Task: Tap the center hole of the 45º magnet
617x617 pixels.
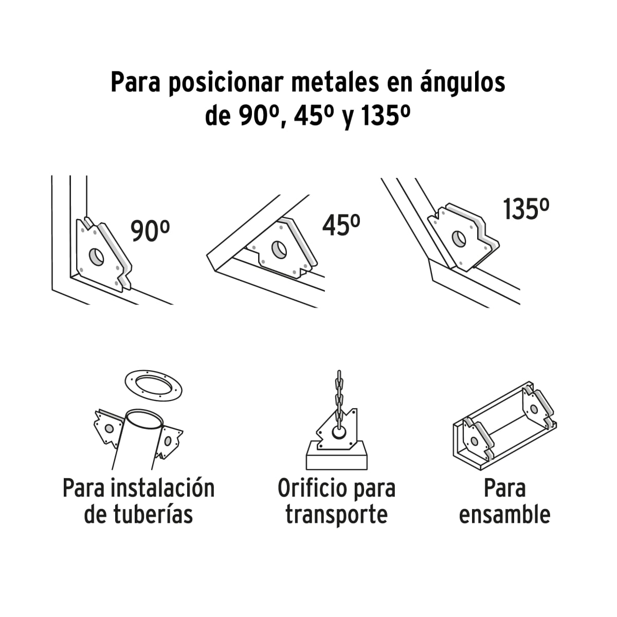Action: click(x=279, y=250)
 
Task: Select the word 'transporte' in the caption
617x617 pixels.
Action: click(x=336, y=514)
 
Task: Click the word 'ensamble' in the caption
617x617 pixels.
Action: click(x=504, y=514)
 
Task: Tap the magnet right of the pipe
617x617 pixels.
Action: click(x=169, y=440)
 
